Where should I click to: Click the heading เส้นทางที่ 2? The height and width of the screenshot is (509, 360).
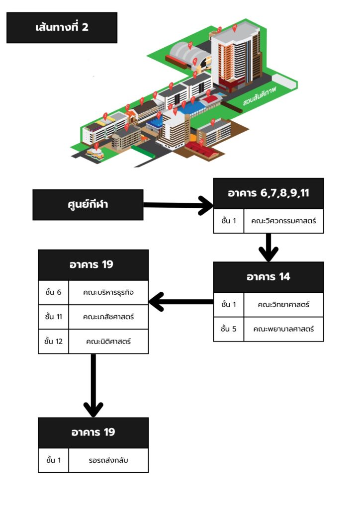pyautogui.click(x=62, y=27)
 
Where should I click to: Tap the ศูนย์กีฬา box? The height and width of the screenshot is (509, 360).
pyautogui.click(x=88, y=205)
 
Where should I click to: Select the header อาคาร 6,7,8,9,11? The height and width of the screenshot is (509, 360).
pyautogui.click(x=269, y=193)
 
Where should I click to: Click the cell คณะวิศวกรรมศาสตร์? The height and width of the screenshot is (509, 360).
pyautogui.click(x=283, y=221)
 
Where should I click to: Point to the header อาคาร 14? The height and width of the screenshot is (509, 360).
pyautogui.click(x=269, y=277)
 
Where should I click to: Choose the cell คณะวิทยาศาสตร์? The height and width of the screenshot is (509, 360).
pyautogui.click(x=283, y=304)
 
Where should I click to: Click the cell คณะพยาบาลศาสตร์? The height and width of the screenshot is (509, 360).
pyautogui.click(x=283, y=329)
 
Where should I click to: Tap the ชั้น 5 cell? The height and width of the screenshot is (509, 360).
pyautogui.click(x=228, y=329)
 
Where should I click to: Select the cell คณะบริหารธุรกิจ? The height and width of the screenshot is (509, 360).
pyautogui.click(x=108, y=292)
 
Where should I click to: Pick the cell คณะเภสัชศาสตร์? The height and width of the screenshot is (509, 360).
pyautogui.click(x=108, y=317)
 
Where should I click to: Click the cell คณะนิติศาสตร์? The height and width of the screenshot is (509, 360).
pyautogui.click(x=108, y=341)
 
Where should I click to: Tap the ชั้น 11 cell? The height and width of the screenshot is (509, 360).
pyautogui.click(x=53, y=317)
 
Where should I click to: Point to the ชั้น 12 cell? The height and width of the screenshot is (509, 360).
pyautogui.click(x=53, y=341)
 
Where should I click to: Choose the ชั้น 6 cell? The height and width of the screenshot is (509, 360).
pyautogui.click(x=53, y=292)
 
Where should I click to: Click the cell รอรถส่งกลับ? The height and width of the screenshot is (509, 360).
pyautogui.click(x=108, y=460)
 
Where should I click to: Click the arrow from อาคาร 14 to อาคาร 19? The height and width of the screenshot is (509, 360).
pyautogui.click(x=181, y=301)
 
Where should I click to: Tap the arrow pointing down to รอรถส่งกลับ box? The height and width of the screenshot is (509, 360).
pyautogui.click(x=93, y=385)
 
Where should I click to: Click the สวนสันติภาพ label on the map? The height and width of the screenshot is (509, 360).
pyautogui.click(x=260, y=94)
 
